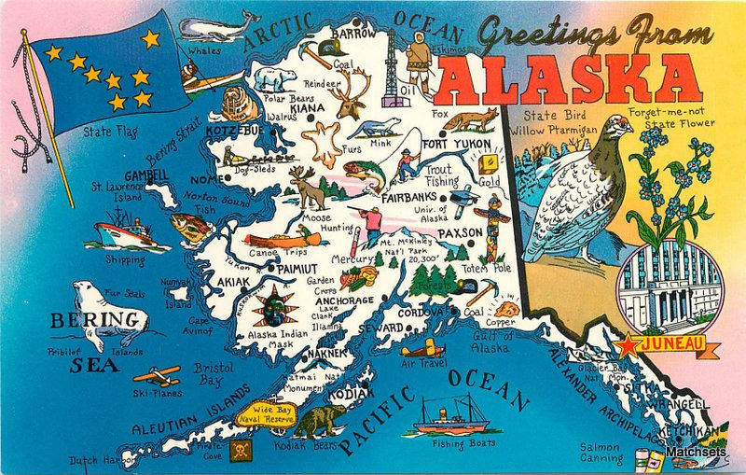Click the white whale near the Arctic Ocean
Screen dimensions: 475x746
pos(216,26)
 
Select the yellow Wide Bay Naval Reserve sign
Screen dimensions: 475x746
pos(265,413)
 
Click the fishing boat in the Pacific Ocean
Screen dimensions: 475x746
pos(452,412)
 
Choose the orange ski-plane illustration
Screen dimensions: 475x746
pos(156,374)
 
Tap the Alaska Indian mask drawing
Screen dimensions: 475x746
pos(274,304)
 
